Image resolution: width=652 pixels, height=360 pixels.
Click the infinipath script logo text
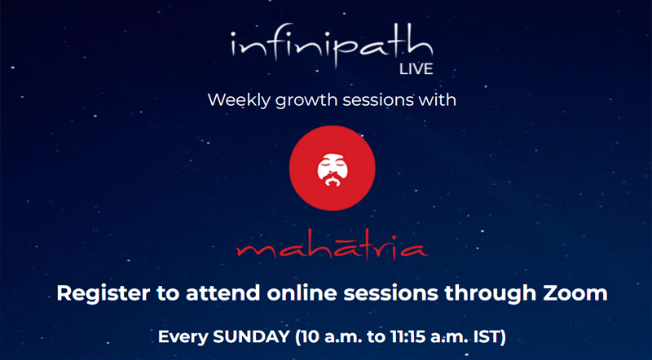tap(332, 46)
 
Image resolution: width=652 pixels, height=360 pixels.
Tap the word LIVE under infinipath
tap(416, 69)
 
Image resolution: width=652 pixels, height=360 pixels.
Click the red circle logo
tap(333, 168)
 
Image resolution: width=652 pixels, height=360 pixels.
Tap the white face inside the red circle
tap(333, 170)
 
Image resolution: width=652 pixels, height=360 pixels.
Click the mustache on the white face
tap(333, 181)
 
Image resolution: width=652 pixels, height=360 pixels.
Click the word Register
tap(104, 293)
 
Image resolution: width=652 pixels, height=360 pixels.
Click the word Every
tap(183, 336)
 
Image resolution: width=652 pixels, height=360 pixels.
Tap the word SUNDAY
tap(251, 336)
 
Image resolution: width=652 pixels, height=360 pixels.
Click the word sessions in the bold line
tap(391, 293)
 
